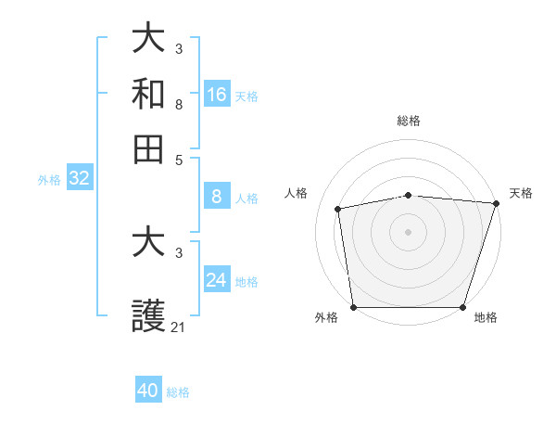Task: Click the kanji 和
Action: click(149, 94)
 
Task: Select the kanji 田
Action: click(149, 148)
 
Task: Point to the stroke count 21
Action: click(179, 327)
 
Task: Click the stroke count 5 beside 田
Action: click(179, 160)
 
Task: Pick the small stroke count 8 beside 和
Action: click(179, 105)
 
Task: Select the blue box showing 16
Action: click(217, 95)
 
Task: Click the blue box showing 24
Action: click(217, 280)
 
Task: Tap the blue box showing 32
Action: click(79, 179)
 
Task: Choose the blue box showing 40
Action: click(148, 391)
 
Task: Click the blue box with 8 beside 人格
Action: click(217, 196)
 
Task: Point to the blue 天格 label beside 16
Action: click(246, 96)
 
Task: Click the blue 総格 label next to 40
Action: click(178, 392)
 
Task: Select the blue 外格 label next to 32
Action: click(49, 181)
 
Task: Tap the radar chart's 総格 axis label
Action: click(409, 122)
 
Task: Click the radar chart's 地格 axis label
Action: click(486, 318)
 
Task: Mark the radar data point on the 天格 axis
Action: click(496, 203)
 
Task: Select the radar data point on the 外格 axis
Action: click(354, 307)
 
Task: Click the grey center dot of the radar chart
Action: click(409, 231)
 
